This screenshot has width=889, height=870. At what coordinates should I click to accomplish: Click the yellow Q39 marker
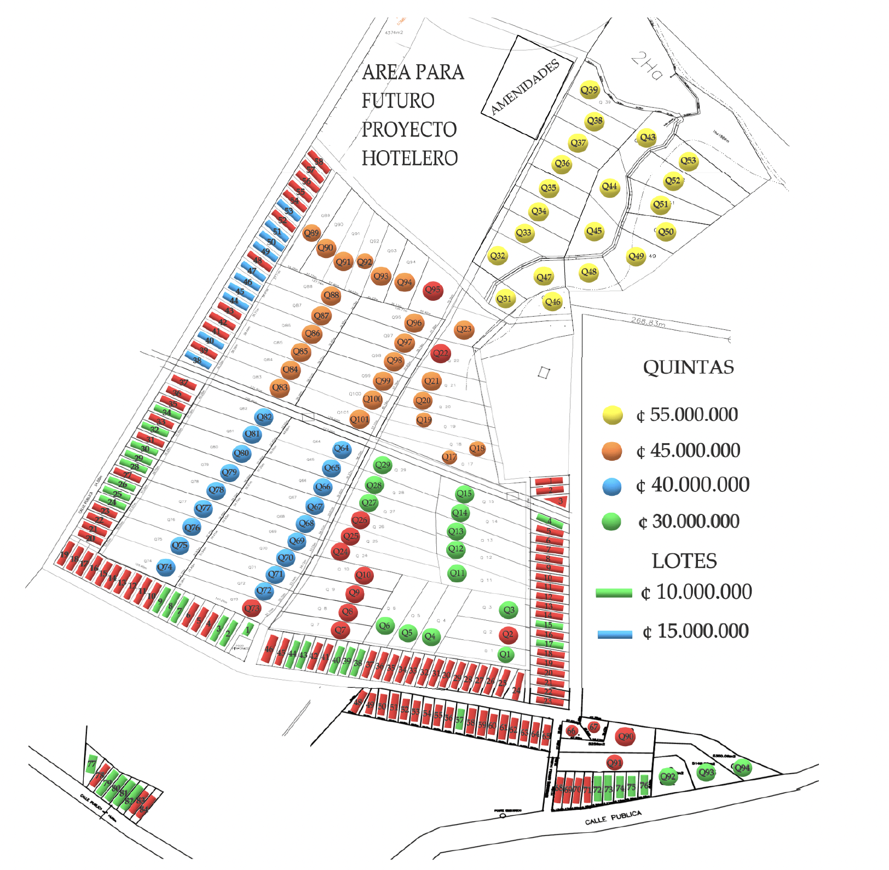[x=590, y=90]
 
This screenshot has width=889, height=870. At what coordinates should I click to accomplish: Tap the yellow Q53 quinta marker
[x=688, y=161]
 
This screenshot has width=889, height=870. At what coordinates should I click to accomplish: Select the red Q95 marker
[x=432, y=290]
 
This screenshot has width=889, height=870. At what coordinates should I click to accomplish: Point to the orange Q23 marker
[x=464, y=329]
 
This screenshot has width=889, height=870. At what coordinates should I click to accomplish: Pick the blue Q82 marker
[x=264, y=417]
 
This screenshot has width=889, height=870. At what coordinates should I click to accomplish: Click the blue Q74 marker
[x=165, y=568]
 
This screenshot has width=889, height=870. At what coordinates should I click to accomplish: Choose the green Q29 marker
[x=383, y=465]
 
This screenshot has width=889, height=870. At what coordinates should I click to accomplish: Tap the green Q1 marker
[x=505, y=654]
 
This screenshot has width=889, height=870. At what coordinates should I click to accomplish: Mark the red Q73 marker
[x=252, y=608]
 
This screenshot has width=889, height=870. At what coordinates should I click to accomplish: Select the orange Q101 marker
[x=360, y=420]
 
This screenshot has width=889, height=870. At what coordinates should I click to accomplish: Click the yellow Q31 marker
[x=504, y=299]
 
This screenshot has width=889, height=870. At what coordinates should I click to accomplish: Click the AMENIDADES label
[x=525, y=87]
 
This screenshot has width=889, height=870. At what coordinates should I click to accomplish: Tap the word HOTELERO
[x=409, y=158]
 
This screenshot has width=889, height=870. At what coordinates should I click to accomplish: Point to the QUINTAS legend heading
[x=688, y=367]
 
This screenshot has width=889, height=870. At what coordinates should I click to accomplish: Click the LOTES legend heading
[x=684, y=561]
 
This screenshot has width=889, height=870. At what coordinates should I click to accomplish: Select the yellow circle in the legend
[x=613, y=415]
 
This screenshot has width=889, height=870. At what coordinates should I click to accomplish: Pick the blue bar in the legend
[x=615, y=634]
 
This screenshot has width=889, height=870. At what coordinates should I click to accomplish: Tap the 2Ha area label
[x=647, y=66]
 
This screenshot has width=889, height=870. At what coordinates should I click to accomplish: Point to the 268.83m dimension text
[x=648, y=322]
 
